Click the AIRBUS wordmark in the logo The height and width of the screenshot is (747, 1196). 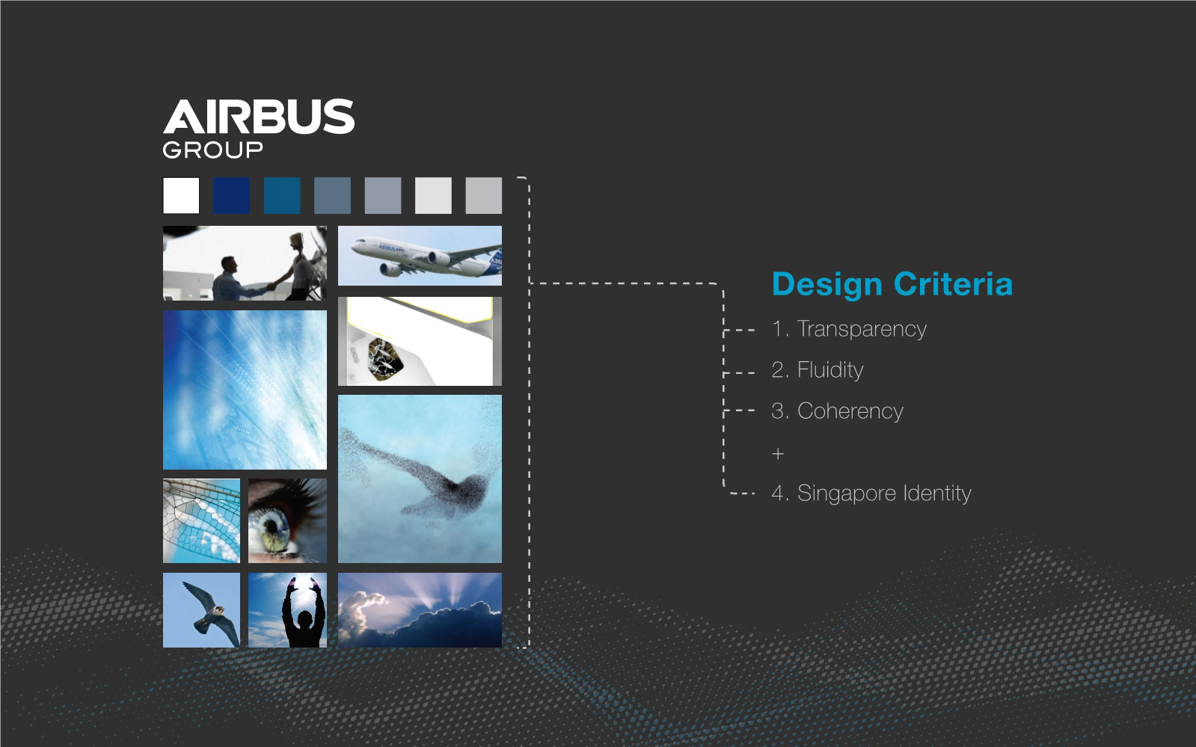point(258,116)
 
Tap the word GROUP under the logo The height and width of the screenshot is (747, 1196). point(212,150)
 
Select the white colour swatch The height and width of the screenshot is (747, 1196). point(181,195)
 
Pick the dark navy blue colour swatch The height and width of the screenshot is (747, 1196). point(232,195)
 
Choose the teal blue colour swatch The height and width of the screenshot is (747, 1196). point(282,195)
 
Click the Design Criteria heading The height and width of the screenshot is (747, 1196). point(892,285)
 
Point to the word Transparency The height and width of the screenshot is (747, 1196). point(862,330)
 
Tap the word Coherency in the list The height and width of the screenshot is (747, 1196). point(850,411)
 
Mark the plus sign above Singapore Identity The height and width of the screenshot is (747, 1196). point(778,454)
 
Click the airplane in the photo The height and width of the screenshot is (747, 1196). point(426,256)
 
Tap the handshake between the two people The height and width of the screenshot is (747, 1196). point(272,286)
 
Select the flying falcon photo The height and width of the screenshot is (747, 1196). point(201,610)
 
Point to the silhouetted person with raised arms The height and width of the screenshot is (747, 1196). point(303,614)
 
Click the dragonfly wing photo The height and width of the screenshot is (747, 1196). point(201,520)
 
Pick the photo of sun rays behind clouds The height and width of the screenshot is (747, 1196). point(420,610)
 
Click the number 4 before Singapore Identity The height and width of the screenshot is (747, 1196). point(777,493)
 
